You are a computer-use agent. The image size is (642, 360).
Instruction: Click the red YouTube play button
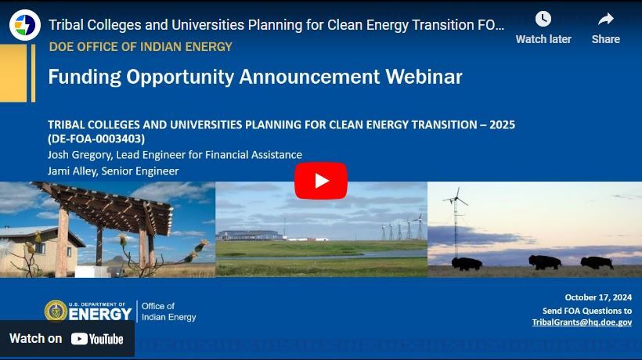pos(321,181)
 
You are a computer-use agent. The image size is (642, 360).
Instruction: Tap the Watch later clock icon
pos(543,20)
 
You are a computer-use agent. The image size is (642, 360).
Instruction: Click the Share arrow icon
pos(605,20)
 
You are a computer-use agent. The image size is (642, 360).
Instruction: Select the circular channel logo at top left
pos(25,25)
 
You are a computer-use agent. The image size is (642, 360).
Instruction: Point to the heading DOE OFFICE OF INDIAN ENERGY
pos(140,47)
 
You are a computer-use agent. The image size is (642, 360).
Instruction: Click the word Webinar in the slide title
pos(424,77)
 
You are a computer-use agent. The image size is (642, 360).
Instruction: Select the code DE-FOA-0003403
pos(96,139)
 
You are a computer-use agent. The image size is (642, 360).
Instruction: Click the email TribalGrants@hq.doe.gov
pos(582,322)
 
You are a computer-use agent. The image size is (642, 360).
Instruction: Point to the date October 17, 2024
pos(598,297)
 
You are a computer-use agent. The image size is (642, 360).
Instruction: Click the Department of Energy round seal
pos(56,311)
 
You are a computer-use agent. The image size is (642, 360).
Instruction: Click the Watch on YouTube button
pos(67,339)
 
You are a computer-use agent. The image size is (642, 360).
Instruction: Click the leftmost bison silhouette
pos(467,264)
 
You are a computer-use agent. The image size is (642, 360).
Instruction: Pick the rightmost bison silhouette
pos(597,263)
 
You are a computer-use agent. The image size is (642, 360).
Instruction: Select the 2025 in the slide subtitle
pos(501,124)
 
